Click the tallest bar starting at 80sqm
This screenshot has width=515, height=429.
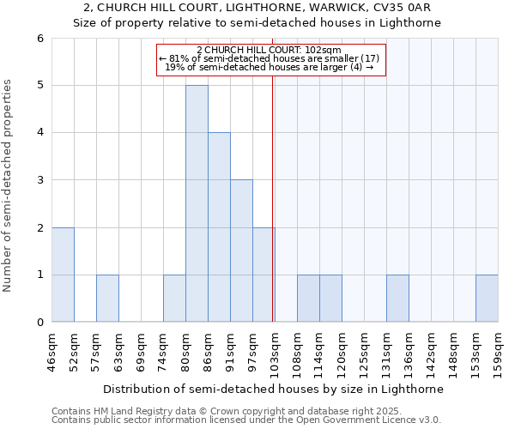point(197,203)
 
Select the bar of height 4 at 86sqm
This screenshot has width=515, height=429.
point(219,227)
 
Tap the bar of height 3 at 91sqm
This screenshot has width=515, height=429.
point(241,251)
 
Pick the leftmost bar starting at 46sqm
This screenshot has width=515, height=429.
point(63,275)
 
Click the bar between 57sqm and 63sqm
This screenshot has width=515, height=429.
point(107,298)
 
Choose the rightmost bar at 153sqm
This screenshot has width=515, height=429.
point(487,298)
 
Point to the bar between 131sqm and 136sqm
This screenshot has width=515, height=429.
point(397,298)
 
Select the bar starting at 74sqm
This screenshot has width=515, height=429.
point(174,298)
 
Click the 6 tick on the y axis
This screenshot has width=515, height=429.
point(40,38)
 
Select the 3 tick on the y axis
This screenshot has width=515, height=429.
point(40,180)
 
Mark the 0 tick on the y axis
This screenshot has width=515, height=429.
point(40,323)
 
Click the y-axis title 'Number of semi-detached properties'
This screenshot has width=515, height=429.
point(9,185)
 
